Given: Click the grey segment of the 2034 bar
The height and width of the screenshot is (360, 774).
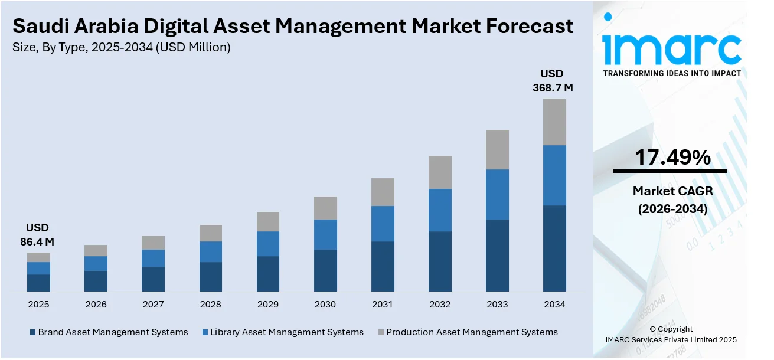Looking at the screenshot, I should (554, 122).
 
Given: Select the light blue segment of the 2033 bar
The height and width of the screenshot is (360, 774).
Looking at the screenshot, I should (497, 194).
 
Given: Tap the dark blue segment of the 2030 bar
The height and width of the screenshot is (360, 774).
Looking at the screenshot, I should (325, 270).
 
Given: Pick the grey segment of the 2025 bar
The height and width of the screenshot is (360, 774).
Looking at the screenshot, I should (38, 257).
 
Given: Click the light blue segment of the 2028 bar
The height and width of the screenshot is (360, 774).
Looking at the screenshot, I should (211, 251).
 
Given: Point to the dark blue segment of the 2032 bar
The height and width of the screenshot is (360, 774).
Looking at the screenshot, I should (440, 261).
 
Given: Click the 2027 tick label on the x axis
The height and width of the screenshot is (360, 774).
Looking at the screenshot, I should (153, 305).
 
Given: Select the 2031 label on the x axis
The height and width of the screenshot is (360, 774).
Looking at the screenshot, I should (383, 305).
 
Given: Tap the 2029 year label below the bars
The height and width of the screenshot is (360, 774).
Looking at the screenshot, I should (268, 305).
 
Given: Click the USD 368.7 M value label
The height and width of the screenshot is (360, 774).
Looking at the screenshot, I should (552, 81).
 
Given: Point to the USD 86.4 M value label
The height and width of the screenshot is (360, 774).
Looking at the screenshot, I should (37, 234).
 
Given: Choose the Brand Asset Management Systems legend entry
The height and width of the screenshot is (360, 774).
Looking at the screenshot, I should (109, 332).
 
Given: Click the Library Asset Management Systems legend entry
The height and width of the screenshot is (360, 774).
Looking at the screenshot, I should (283, 332).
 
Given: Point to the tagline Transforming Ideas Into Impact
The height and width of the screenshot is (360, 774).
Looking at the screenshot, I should (671, 73).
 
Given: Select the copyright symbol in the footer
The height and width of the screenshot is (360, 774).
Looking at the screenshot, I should (653, 329).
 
